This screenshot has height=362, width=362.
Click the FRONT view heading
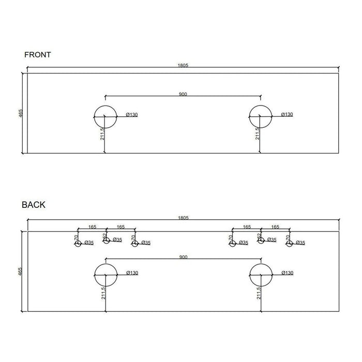point(37,54)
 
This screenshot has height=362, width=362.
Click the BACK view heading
point(34,205)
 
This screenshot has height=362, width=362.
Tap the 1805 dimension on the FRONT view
point(183,66)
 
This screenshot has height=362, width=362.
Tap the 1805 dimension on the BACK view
point(183,218)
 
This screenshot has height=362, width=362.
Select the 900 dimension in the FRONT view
point(183,94)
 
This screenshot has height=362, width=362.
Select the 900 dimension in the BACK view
point(183,257)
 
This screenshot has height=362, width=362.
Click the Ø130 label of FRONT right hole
point(287,114)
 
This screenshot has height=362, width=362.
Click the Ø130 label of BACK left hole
point(132,273)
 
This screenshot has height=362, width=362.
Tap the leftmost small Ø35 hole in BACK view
point(78,243)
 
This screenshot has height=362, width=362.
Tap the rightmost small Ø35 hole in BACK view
point(290,243)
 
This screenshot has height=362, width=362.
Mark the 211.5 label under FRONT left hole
point(102,134)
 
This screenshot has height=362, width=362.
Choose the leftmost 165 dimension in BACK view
point(92,227)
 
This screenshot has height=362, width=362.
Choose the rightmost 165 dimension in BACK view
point(276,227)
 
